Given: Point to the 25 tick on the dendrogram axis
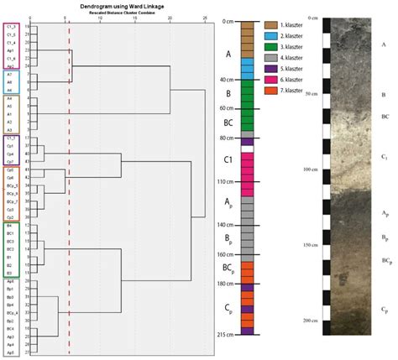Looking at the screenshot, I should [206, 17].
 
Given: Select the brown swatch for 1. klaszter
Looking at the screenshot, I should [270, 27].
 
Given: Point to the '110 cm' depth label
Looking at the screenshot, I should [221, 181].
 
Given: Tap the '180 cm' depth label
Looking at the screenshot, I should [221, 284].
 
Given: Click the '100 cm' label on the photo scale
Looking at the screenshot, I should [310, 170].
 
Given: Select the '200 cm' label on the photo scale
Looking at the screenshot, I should [310, 321].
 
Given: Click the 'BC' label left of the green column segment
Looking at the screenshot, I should [224, 123].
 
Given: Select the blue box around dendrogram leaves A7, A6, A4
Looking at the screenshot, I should [10, 82].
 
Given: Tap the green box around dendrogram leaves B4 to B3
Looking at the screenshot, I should [10, 249].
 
